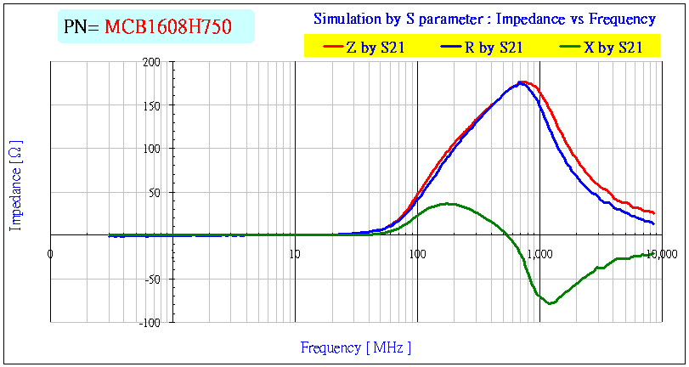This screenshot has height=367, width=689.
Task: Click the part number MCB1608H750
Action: click(179, 27)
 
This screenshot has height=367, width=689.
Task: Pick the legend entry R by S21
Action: click(486, 48)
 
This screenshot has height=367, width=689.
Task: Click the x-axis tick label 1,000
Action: click(539, 253)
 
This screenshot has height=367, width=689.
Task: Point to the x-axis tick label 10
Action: click(295, 253)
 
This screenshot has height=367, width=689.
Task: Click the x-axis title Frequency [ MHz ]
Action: click(356, 347)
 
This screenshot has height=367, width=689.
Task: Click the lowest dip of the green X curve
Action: click(551, 303)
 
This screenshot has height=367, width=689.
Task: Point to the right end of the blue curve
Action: click(653, 223)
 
